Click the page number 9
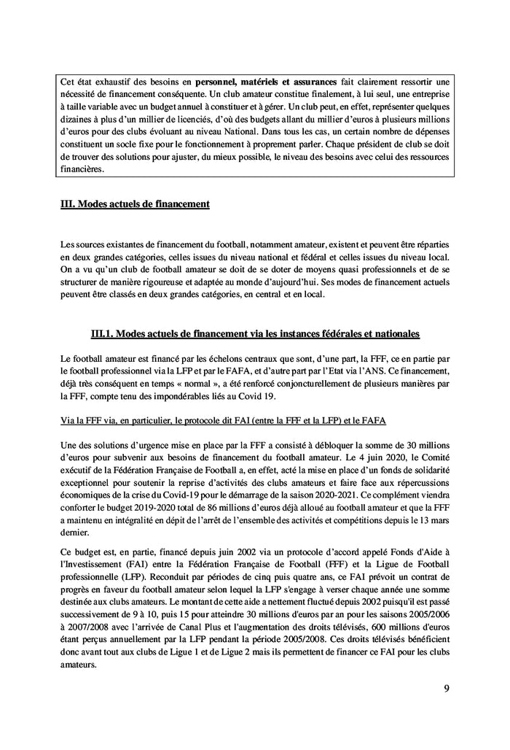pos(446,688)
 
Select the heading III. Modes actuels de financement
pos(135,204)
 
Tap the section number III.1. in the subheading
pos(103,333)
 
